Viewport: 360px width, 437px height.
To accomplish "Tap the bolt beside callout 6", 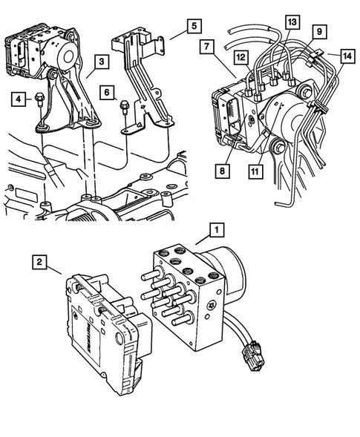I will tap(125, 106).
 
